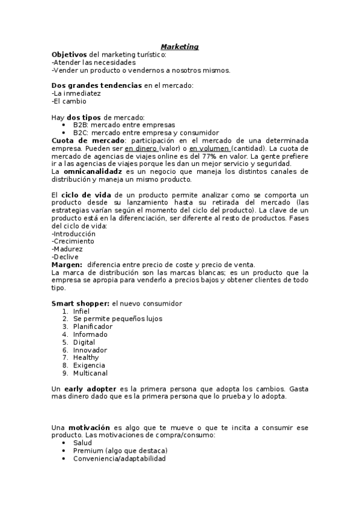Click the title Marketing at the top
pyautogui.click(x=180, y=46)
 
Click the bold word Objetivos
pyautogui.click(x=69, y=54)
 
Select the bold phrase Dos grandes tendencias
pyautogui.click(x=97, y=85)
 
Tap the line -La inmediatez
pyautogui.click(x=76, y=93)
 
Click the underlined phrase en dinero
pyautogui.click(x=141, y=148)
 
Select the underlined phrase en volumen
pyautogui.click(x=209, y=148)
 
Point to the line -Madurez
pyautogui.click(x=67, y=249)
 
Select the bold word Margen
pyautogui.click(x=67, y=265)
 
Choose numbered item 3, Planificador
pyautogui.click(x=93, y=327)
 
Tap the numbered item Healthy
pyautogui.click(x=86, y=358)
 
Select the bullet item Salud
pyautogui.click(x=83, y=443)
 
